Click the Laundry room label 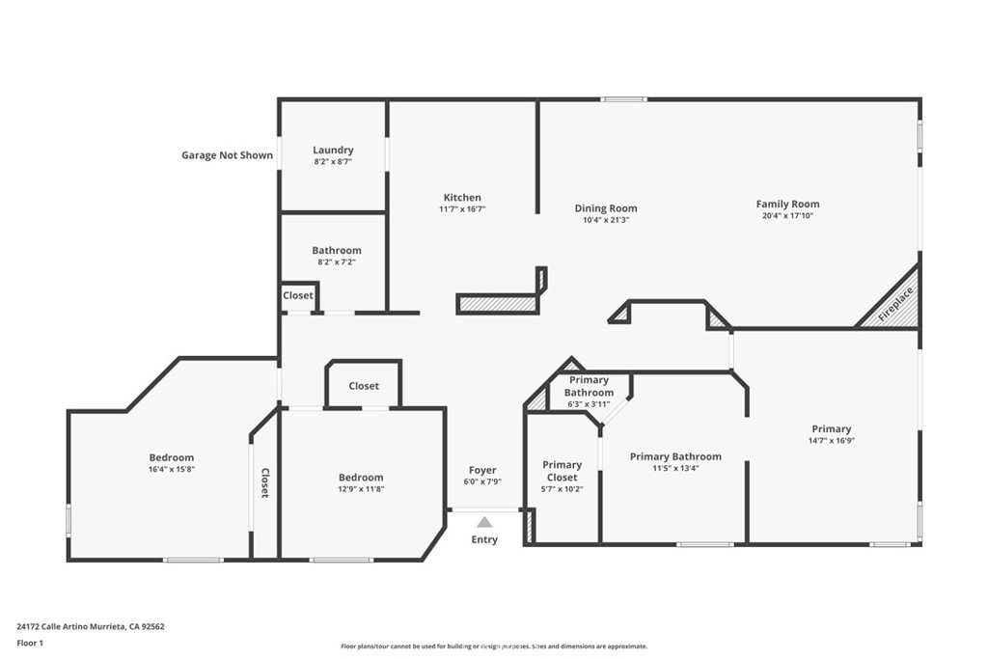tap(333, 150)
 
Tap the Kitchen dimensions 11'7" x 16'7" tap(462, 209)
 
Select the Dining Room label tap(606, 207)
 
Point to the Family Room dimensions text tap(787, 215)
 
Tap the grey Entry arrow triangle tap(484, 522)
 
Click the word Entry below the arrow tap(484, 539)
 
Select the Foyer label tap(482, 470)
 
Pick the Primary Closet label tap(563, 471)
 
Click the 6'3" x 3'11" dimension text tap(589, 404)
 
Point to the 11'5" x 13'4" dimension tap(675, 468)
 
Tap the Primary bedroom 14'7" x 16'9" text tap(831, 441)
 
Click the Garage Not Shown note tap(228, 155)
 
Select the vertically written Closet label tap(265, 483)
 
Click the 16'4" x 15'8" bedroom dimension tap(172, 469)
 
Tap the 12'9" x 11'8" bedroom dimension tap(361, 489)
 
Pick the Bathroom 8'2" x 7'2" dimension tap(337, 262)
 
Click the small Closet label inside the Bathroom tap(297, 295)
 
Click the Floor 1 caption tap(30, 644)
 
